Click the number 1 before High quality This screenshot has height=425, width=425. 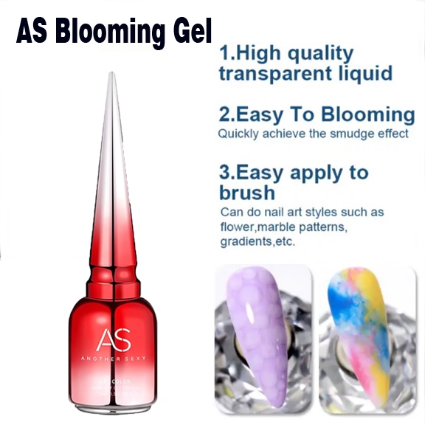coord(225,54)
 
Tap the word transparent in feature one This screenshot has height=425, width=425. coord(274,75)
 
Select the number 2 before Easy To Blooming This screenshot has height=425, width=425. coord(226,114)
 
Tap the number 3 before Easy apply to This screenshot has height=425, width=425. coord(226,173)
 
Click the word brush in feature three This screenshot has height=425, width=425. coord(247,193)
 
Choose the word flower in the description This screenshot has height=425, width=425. coord(237,227)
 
